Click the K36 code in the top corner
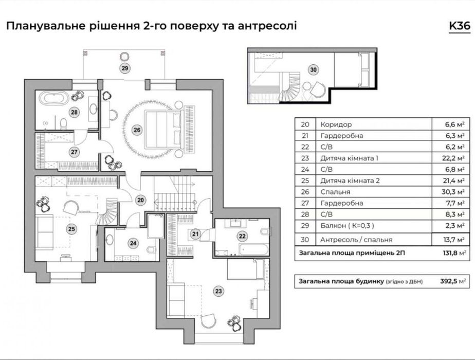pos(459,27)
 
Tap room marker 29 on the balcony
pos(124,68)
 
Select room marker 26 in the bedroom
pos(137,130)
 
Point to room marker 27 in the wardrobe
pos(74,152)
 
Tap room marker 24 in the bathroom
pos(133,243)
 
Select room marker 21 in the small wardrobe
pos(195,235)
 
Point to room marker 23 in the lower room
pos(220,292)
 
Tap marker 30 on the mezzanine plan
pos(314,70)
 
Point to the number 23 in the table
pos(305,158)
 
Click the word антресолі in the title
pos(270,26)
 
